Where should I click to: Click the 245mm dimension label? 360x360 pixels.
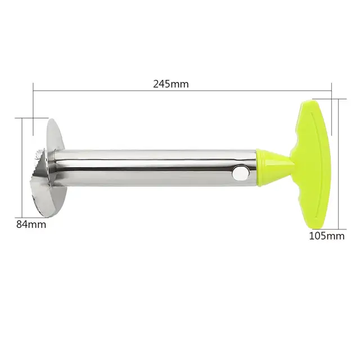click(x=170, y=84)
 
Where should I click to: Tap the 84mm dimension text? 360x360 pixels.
click(x=31, y=224)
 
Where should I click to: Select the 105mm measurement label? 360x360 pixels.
click(x=326, y=236)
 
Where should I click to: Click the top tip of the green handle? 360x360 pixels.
click(x=309, y=105)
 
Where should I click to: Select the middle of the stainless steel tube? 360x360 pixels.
click(x=157, y=168)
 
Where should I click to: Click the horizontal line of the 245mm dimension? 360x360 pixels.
click(x=112, y=90)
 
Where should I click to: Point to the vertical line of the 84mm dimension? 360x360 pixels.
click(x=22, y=169)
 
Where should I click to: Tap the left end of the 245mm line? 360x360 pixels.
click(x=33, y=90)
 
